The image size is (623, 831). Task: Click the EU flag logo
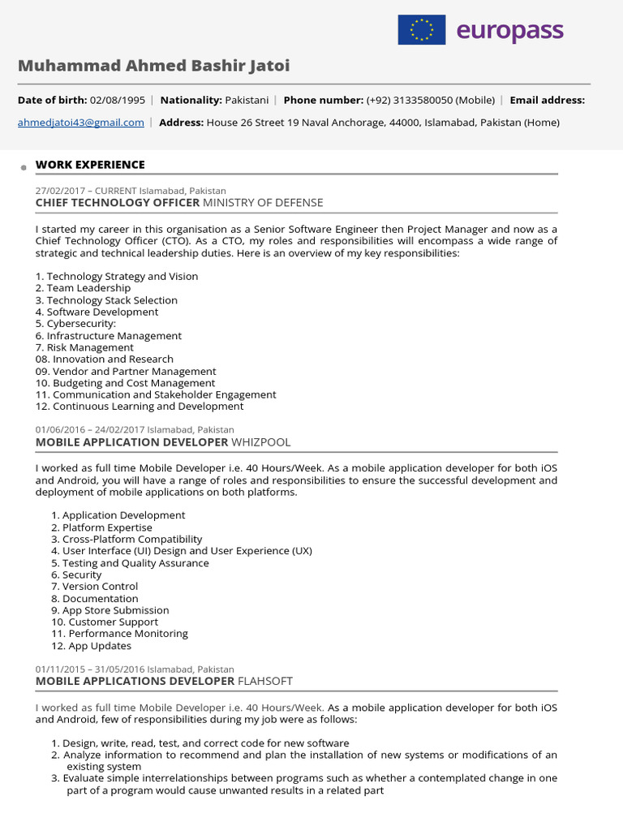[421, 30]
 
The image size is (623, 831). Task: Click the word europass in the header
[509, 31]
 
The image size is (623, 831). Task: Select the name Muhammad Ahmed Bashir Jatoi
[153, 66]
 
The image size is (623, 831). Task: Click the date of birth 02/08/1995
[118, 100]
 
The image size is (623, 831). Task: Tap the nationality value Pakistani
[250, 100]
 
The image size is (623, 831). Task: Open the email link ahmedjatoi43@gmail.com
[81, 123]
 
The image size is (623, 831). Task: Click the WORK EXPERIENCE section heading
[90, 165]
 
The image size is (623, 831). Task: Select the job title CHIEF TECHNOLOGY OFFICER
[118, 202]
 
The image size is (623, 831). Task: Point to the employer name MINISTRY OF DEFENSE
[263, 202]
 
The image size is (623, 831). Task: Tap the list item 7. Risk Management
[84, 347]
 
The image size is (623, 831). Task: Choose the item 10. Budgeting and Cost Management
[125, 383]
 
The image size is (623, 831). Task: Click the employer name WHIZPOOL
[260, 442]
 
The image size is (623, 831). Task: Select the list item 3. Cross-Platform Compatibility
[127, 539]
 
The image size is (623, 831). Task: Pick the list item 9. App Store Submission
[110, 610]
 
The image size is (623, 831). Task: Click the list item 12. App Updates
[91, 646]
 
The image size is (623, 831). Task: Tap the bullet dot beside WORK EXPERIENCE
[25, 166]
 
